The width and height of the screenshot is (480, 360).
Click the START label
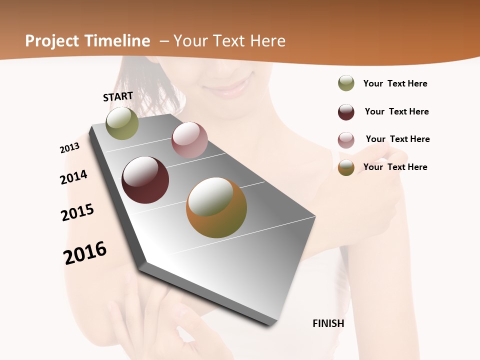[x=118, y=96]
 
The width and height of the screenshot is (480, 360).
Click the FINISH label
[x=328, y=323]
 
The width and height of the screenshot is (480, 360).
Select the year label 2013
[x=69, y=148]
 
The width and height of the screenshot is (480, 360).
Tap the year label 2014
[x=73, y=177]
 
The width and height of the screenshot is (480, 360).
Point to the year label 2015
[x=77, y=212]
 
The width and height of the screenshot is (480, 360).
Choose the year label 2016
[x=85, y=253]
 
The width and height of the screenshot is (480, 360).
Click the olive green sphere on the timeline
[x=122, y=123]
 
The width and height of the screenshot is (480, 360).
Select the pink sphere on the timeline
[x=189, y=140]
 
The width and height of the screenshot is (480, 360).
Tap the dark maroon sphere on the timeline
[x=145, y=180]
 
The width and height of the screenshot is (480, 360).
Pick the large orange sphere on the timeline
[x=216, y=207]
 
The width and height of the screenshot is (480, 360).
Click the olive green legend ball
[x=346, y=83]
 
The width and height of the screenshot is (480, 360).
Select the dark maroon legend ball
[x=346, y=112]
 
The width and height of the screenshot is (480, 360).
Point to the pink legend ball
[x=346, y=140]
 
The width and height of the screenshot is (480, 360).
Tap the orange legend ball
[x=346, y=168]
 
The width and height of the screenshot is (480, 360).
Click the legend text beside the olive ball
[x=395, y=83]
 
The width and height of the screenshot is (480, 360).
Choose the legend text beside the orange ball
[x=395, y=167]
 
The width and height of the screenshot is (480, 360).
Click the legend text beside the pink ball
[x=397, y=139]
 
